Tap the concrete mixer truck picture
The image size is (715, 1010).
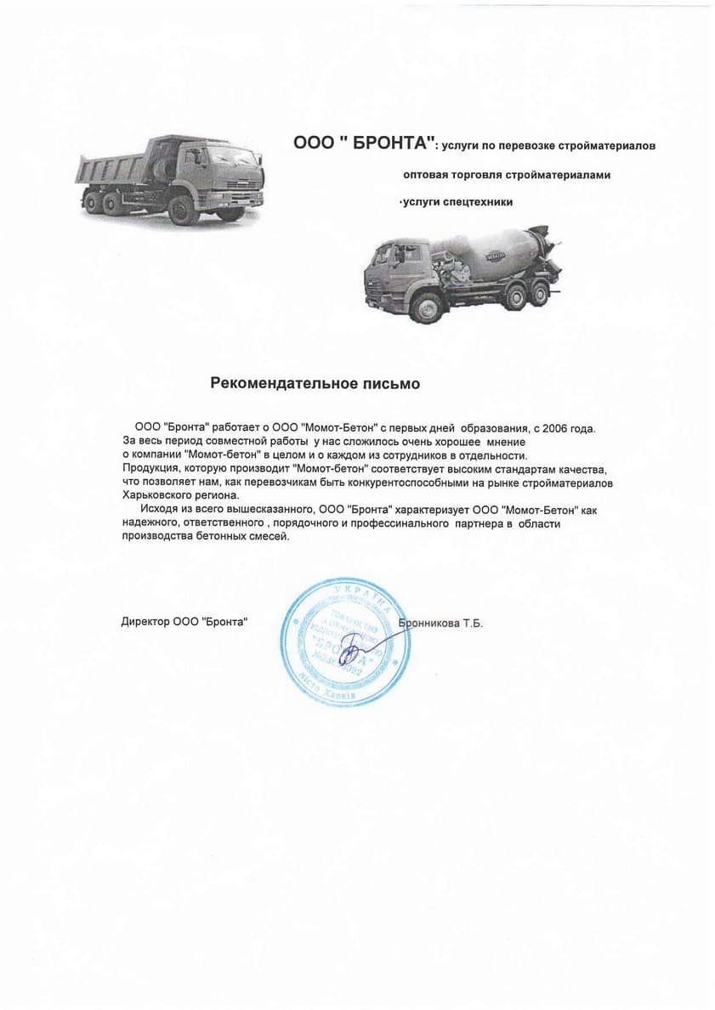pos(463,272)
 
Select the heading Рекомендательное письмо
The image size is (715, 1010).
pos(315,384)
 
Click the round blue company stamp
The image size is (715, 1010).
pos(340,643)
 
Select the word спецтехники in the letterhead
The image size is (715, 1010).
pos(480,202)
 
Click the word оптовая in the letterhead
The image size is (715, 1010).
pos(426,174)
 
